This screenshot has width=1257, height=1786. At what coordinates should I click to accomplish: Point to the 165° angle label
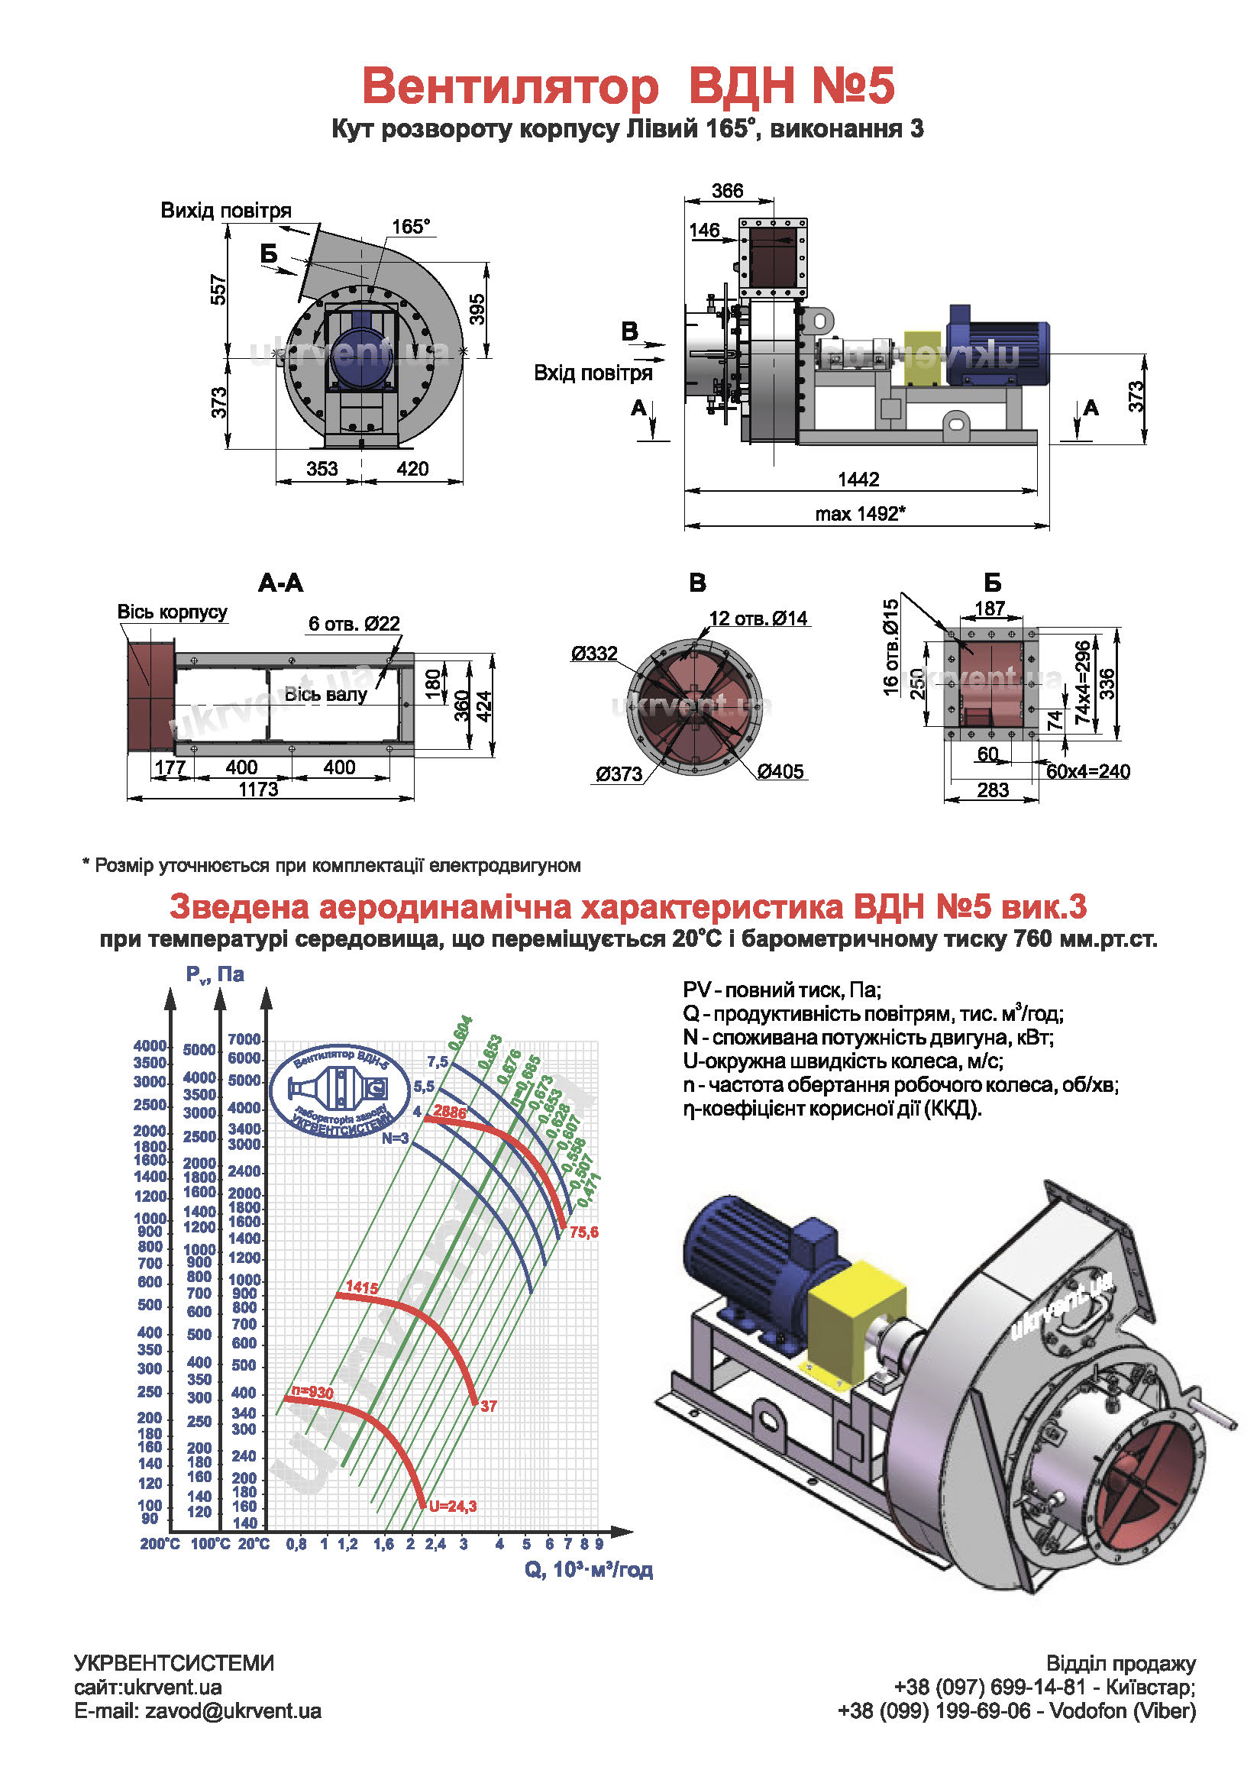[410, 226]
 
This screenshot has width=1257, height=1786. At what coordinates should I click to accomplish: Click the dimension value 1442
[858, 480]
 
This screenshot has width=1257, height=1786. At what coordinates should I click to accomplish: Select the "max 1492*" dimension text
[861, 513]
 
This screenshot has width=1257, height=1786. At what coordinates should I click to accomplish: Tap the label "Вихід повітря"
[225, 210]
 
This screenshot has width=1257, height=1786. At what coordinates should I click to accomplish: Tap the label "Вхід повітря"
[593, 373]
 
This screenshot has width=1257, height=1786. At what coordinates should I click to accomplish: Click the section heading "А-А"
[280, 583]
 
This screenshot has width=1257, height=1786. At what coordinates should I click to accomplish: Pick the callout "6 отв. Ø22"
[354, 623]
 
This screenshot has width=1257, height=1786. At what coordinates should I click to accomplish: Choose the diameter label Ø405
[780, 771]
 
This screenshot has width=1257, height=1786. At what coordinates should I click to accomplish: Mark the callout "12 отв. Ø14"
[758, 618]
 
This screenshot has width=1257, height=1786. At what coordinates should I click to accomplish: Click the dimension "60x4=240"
[1087, 772]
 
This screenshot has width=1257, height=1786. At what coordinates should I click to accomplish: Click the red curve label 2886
[450, 1112]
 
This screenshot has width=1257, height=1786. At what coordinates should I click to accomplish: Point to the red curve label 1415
[362, 1287]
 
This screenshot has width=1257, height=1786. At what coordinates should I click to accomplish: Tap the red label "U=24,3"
[453, 1506]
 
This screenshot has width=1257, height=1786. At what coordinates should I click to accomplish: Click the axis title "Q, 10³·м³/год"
[588, 1569]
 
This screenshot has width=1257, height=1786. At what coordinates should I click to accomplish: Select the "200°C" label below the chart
[160, 1543]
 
